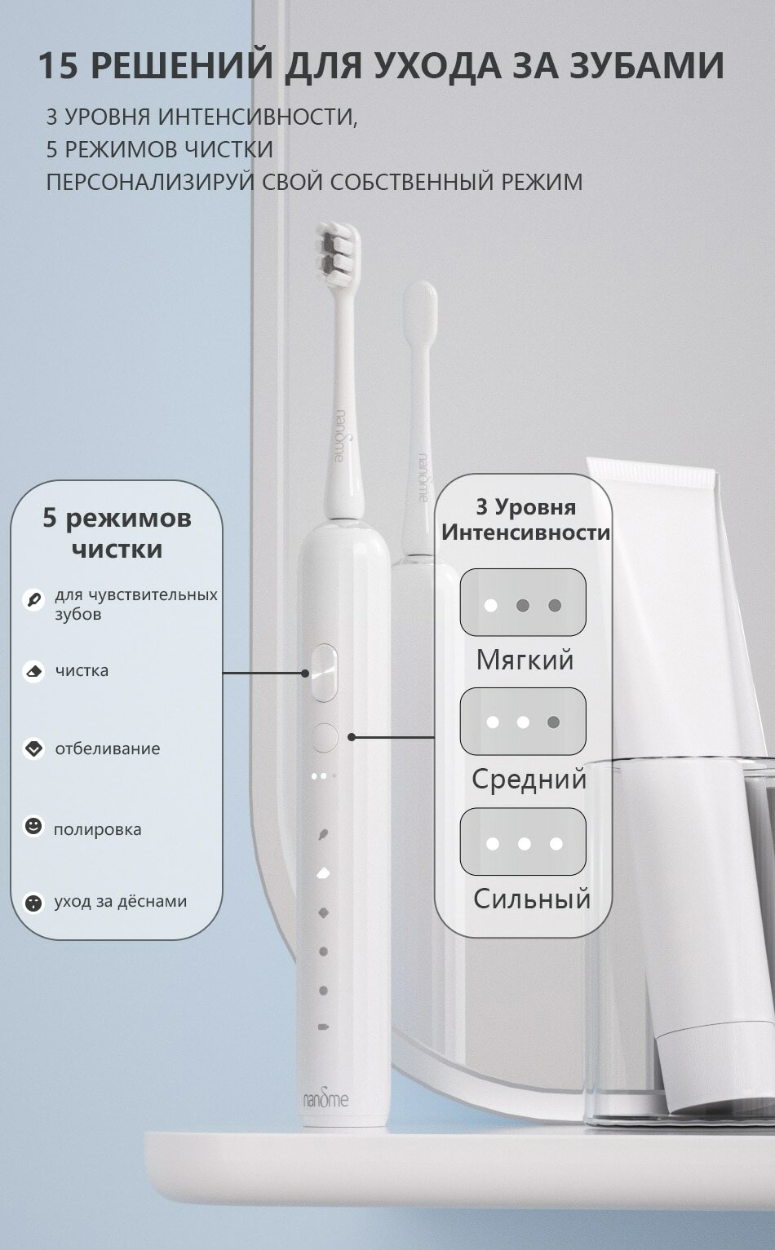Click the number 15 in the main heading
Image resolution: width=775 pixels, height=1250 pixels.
pyautogui.click(x=57, y=66)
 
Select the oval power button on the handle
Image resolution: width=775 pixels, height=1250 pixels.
pyautogui.click(x=324, y=673)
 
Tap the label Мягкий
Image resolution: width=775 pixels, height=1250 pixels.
pyautogui.click(x=525, y=660)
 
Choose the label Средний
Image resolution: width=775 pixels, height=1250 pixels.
pyautogui.click(x=529, y=779)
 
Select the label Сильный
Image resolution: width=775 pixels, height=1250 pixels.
pyautogui.click(x=532, y=899)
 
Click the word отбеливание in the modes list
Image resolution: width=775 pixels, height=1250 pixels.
pyautogui.click(x=107, y=749)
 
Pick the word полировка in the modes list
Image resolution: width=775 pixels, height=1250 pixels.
pyautogui.click(x=98, y=830)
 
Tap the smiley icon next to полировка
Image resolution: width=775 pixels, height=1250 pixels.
pyautogui.click(x=33, y=826)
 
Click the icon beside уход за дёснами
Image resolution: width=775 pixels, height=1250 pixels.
pyautogui.click(x=34, y=903)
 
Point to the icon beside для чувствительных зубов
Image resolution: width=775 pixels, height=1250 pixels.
pyautogui.click(x=33, y=600)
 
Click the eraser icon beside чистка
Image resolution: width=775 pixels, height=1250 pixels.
pyautogui.click(x=34, y=671)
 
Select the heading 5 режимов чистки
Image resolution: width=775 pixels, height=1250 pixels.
pyautogui.click(x=117, y=533)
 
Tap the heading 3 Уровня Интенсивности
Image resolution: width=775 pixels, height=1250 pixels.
pyautogui.click(x=525, y=519)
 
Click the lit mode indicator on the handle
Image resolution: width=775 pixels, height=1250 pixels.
pyautogui.click(x=323, y=873)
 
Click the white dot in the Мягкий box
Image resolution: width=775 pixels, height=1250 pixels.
pyautogui.click(x=491, y=606)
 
